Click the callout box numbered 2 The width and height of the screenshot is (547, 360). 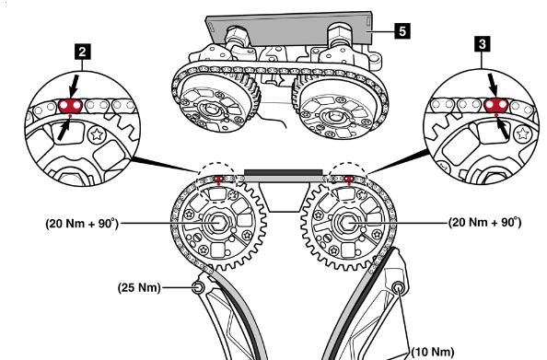[x=82, y=52]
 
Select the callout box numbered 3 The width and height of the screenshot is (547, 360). [x=483, y=44]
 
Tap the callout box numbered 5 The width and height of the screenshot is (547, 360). [x=402, y=31]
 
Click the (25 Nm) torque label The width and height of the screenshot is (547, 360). [x=139, y=288]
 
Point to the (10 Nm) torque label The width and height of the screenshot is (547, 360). [x=433, y=352]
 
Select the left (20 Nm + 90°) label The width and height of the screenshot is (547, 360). [x=82, y=223]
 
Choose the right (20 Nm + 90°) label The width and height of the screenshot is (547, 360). [x=485, y=222]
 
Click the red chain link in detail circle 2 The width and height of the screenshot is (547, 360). [x=70, y=106]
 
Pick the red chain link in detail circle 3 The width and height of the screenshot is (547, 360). [x=496, y=105]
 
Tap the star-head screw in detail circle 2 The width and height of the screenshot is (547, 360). [x=97, y=134]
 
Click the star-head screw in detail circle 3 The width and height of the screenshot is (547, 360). [x=522, y=134]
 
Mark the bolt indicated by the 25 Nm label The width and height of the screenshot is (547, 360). [x=198, y=287]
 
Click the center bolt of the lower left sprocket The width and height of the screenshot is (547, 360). [x=218, y=223]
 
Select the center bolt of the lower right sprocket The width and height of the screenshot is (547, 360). [x=346, y=222]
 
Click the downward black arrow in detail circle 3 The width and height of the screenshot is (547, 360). [x=493, y=85]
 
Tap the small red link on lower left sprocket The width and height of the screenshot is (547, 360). [x=218, y=179]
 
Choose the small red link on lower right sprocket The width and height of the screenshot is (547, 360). [x=349, y=179]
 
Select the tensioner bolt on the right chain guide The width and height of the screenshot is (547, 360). [x=398, y=288]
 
